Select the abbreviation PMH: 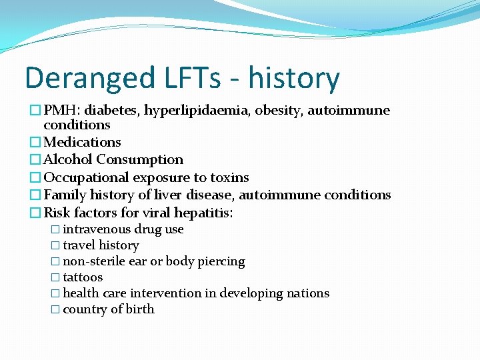pos(63,110)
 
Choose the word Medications pos(82,142)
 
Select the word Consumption pos(140,160)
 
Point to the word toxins pos(229,177)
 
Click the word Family pos(65,195)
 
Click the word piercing pos(223,262)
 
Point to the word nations pos(307,293)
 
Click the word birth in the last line pos(141,309)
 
